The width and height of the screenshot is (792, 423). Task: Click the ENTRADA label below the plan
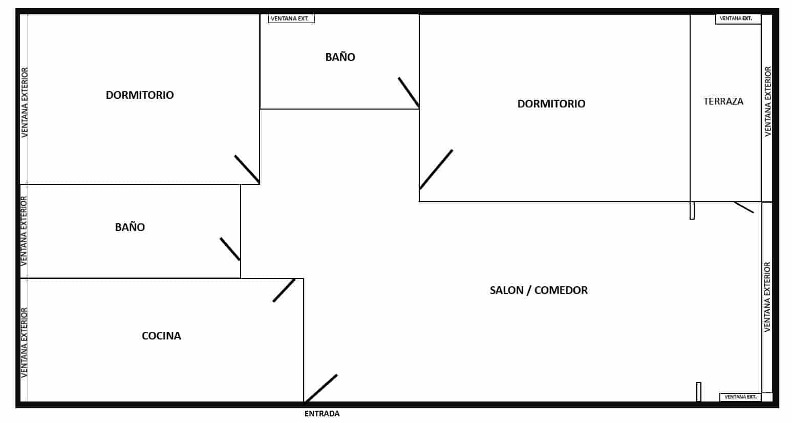322,413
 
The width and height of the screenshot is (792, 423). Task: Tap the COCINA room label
161,335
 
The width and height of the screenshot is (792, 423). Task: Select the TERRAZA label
723,101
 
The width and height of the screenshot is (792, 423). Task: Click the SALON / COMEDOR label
539,290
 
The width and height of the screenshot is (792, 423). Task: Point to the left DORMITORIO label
140,95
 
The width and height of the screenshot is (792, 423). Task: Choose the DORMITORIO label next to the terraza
551,103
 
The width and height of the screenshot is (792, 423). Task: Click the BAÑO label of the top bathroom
340,57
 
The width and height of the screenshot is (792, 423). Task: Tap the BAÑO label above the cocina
130,226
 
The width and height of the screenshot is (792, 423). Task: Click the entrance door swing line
320,388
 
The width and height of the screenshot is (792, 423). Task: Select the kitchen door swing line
284,290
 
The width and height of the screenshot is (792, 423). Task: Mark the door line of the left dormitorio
247,170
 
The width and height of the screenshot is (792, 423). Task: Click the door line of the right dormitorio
436,170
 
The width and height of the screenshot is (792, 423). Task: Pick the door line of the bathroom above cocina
230,249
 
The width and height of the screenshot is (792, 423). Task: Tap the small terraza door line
744,207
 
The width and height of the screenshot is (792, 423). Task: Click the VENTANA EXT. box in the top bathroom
291,18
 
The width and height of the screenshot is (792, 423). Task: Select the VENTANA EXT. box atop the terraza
738,19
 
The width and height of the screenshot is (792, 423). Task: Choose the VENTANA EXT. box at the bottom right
740,397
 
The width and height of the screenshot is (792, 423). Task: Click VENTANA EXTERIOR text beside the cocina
24,343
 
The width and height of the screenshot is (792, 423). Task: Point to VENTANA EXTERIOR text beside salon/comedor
767,297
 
